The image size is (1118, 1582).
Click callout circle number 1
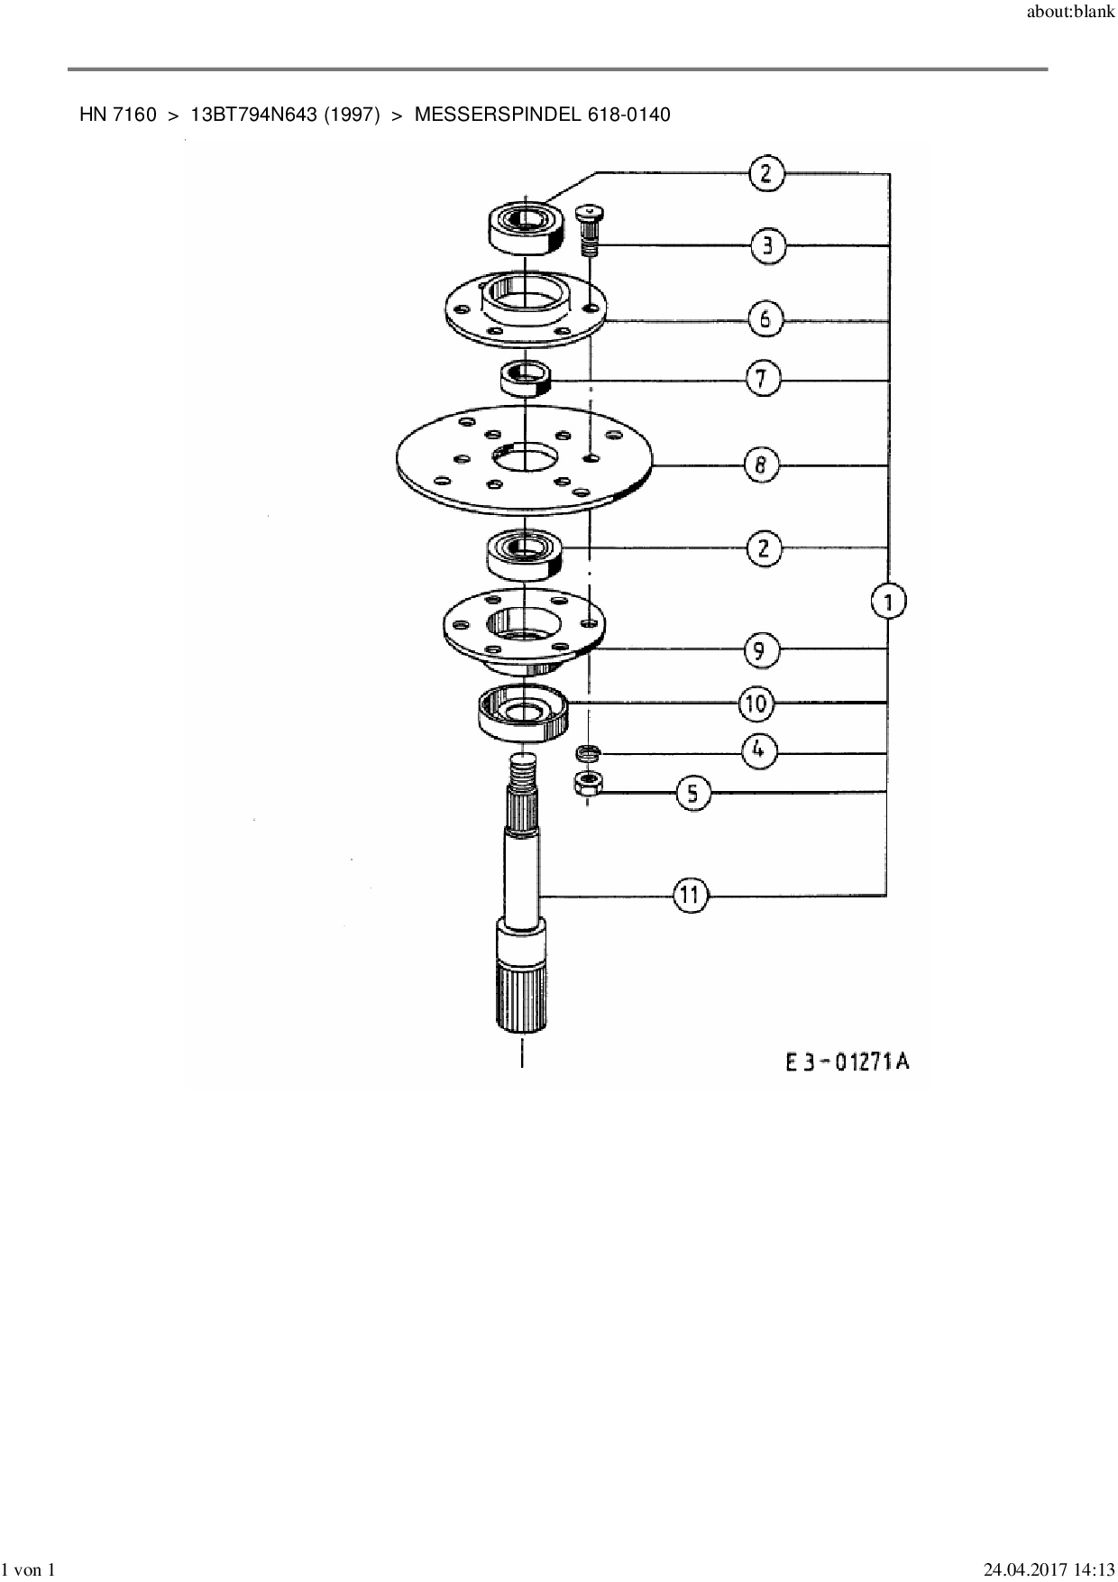pos(889,601)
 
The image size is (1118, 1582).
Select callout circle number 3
pos(767,246)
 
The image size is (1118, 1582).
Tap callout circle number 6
pos(765,318)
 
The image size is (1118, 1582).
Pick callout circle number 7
pos(763,379)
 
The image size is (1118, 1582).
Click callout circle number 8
pos(761,465)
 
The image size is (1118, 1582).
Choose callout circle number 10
pos(756,703)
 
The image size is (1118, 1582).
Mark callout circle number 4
pos(759,750)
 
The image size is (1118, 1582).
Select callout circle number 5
pos(692,793)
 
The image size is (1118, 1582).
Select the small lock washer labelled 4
pos(588,751)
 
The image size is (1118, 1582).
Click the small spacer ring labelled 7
pos(525,377)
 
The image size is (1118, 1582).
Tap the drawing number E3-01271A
pos(847,1062)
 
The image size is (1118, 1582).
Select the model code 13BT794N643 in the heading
pos(253,115)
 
